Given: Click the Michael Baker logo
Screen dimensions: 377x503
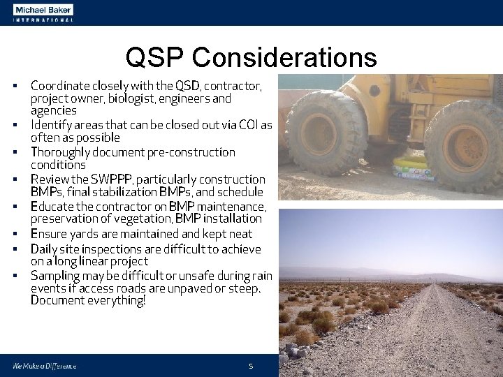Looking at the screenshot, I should (42, 12).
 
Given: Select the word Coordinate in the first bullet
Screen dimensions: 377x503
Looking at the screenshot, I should (59, 86).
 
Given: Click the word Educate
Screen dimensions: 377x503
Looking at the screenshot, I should (51, 207).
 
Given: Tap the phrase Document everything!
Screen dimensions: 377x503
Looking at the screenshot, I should (88, 301).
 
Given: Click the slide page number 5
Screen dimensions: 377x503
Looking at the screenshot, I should (251, 366).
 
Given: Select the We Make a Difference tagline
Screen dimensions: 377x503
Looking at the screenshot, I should (43, 366).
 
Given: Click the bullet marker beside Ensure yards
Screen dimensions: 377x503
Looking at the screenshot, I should (14, 235).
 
